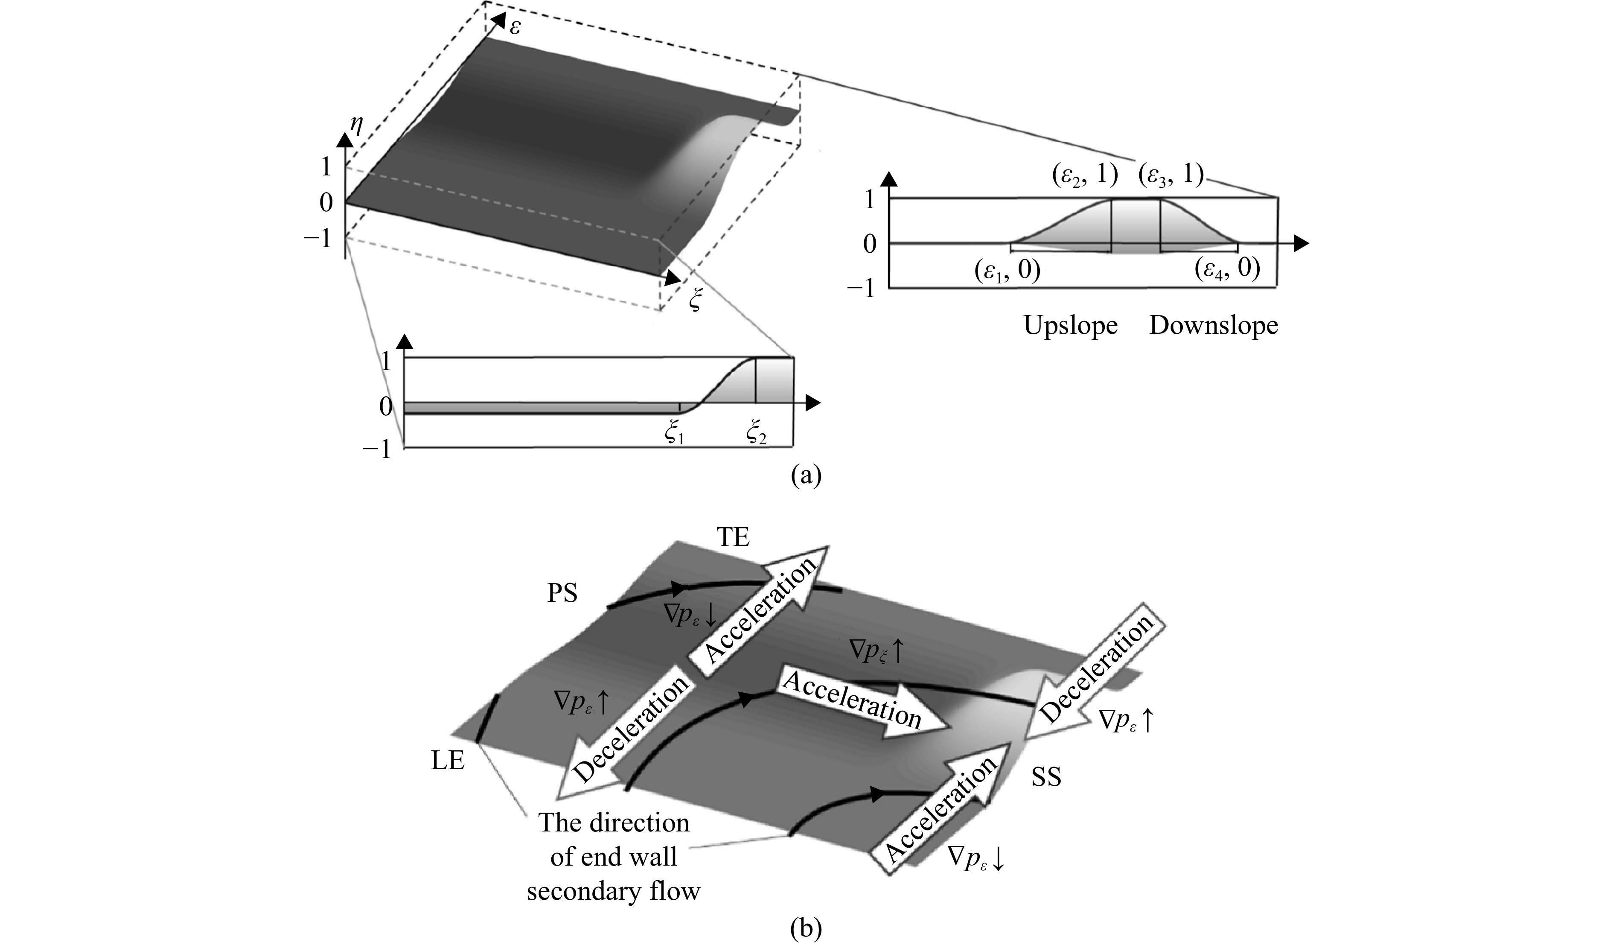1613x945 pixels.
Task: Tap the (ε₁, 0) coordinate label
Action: pyautogui.click(x=1007, y=270)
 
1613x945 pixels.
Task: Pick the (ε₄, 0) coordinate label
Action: pyautogui.click(x=1228, y=270)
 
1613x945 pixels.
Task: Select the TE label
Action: pyautogui.click(x=733, y=538)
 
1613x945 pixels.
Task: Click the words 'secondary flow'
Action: pyautogui.click(x=613, y=891)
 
